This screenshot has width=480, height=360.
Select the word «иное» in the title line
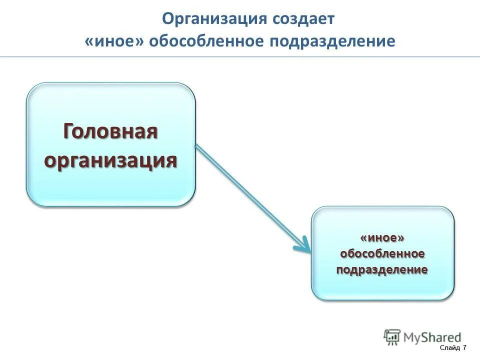[x=114, y=41]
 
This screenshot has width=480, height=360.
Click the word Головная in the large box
[x=110, y=132]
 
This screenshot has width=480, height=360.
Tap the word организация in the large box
[x=110, y=160]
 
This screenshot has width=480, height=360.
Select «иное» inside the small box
[x=382, y=237]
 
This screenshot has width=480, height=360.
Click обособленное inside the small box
[x=382, y=253]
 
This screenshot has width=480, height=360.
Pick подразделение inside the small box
[x=382, y=270]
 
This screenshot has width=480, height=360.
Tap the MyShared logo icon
[x=392, y=337]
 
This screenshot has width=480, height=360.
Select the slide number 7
[x=464, y=347]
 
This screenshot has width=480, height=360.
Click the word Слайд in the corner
[x=450, y=347]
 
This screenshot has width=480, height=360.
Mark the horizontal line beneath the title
[x=240, y=56]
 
